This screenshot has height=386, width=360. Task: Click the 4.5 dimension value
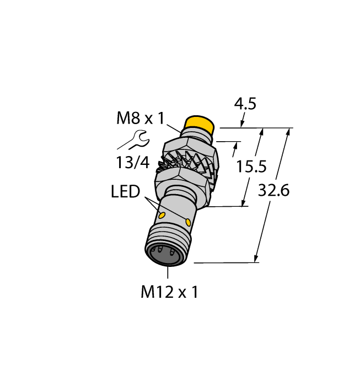(245, 104)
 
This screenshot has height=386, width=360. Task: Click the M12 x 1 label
(169, 292)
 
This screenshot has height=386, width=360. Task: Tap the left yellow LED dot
(163, 214)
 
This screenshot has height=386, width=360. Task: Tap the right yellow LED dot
(190, 222)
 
